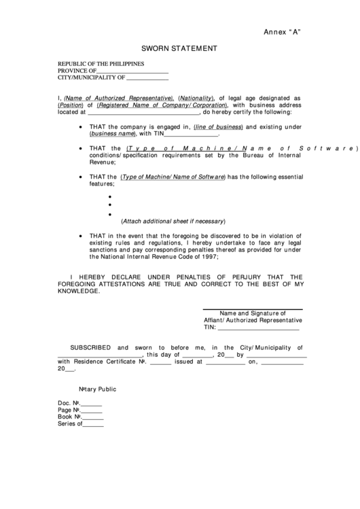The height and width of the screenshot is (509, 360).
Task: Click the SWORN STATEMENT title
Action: pyautogui.click(x=179, y=49)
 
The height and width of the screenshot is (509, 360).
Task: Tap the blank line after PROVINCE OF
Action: pyautogui.click(x=133, y=71)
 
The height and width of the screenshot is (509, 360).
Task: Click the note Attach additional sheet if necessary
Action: pyautogui.click(x=173, y=222)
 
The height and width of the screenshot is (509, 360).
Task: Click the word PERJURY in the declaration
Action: pyautogui.click(x=251, y=277)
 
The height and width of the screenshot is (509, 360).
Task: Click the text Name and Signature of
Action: pyautogui.click(x=253, y=313)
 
